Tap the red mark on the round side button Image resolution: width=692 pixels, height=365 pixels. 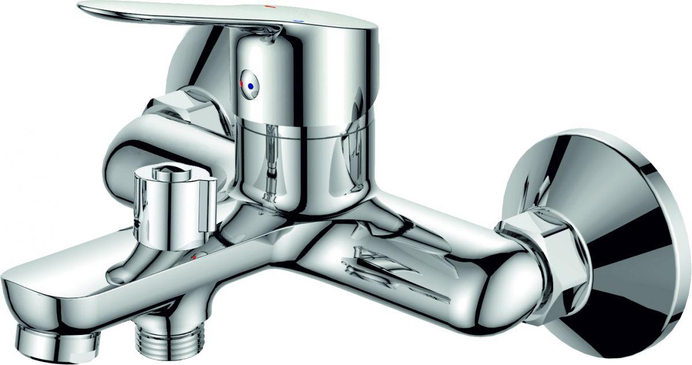[243, 84]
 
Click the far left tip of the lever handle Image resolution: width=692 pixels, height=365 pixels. [81, 7]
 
